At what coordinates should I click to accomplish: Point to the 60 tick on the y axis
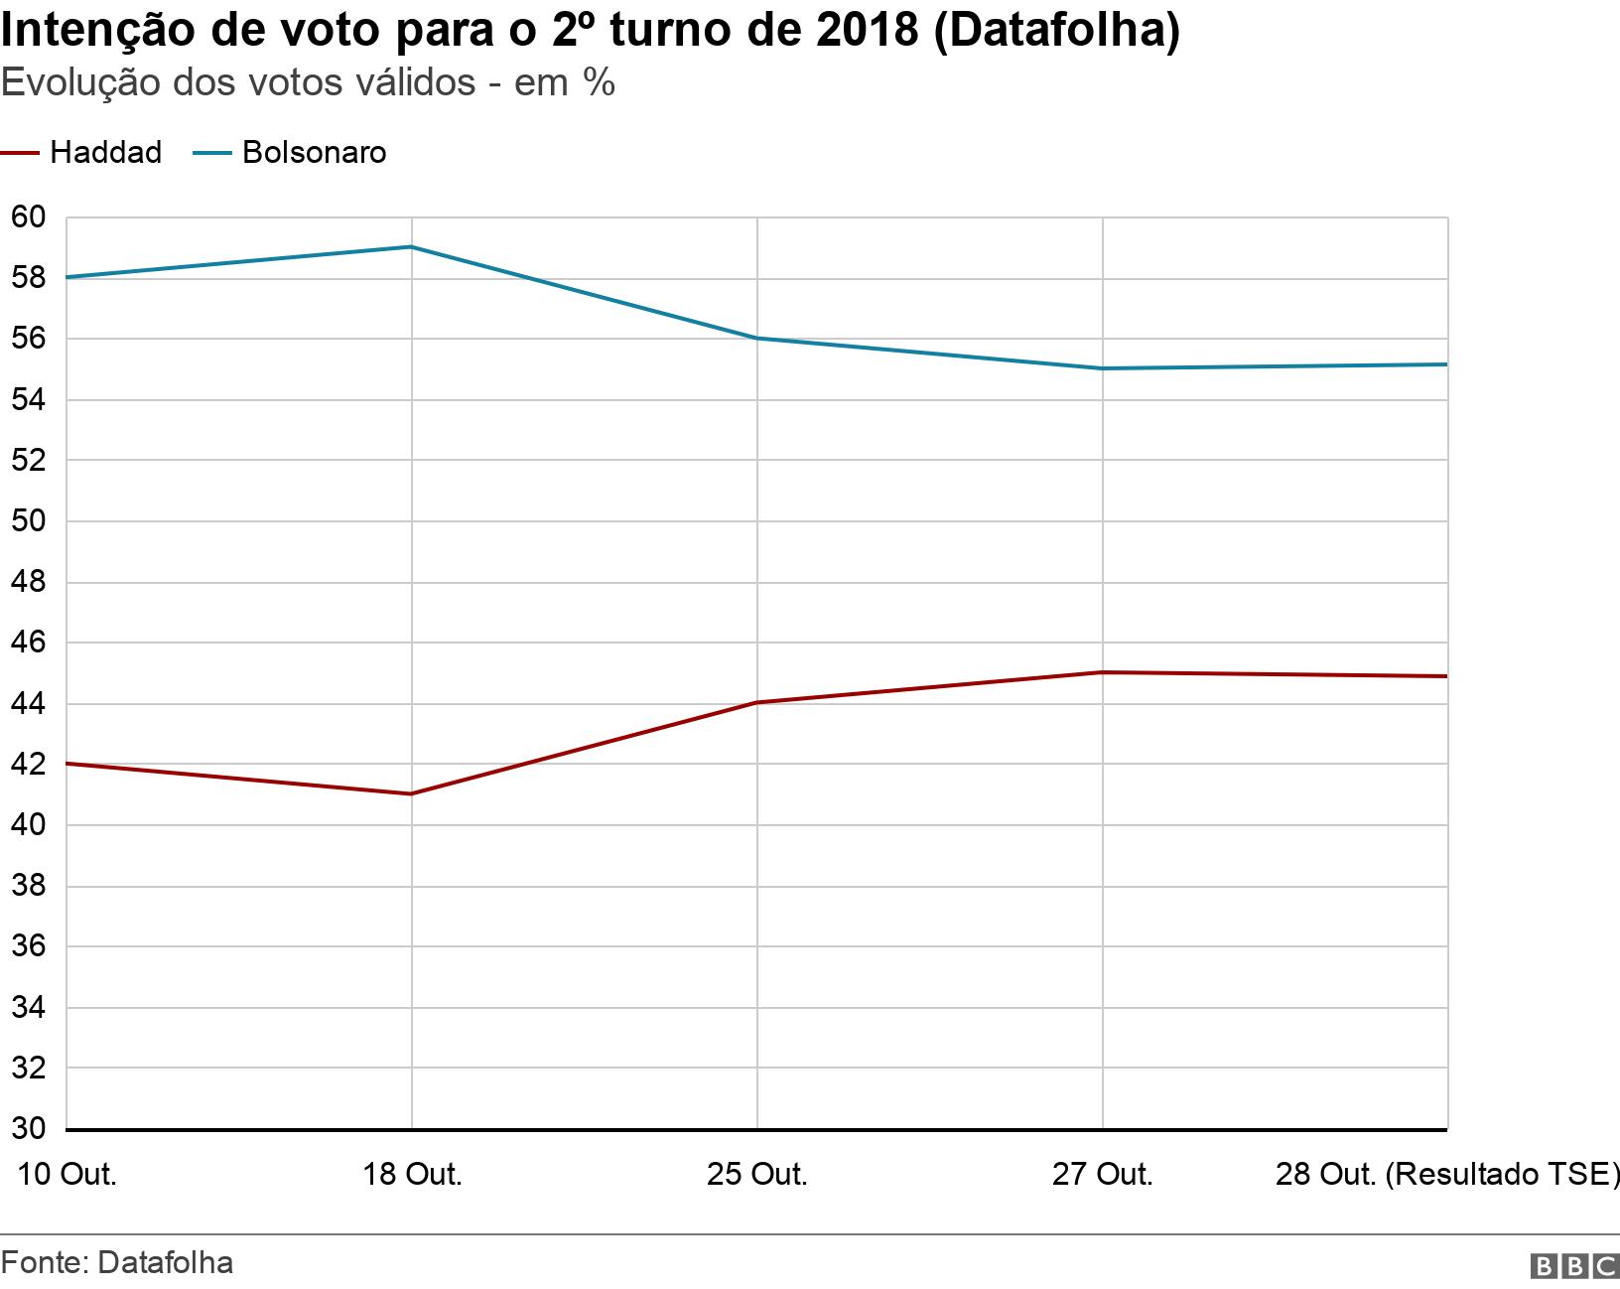tap(28, 217)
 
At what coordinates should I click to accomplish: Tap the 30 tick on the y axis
tap(28, 1129)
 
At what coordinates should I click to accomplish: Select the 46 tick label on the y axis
tap(28, 644)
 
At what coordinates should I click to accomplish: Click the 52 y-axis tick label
tap(28, 461)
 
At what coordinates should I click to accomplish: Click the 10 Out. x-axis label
tap(67, 1175)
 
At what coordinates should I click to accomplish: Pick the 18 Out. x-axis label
tap(412, 1175)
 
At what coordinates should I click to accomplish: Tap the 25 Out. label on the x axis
tap(756, 1175)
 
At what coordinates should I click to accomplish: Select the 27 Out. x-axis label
tap(1102, 1175)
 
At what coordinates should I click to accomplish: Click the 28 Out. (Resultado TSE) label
tap(1445, 1175)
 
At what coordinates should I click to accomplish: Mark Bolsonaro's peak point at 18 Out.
tap(412, 247)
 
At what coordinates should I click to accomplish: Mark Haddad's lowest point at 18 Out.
tap(412, 793)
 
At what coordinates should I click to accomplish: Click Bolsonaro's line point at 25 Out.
tap(757, 339)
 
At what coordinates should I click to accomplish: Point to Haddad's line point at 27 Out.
tap(1103, 672)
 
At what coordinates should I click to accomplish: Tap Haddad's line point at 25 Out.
tap(757, 703)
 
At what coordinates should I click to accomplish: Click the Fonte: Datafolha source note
tap(117, 1262)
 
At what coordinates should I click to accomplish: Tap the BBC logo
tap(1573, 1266)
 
